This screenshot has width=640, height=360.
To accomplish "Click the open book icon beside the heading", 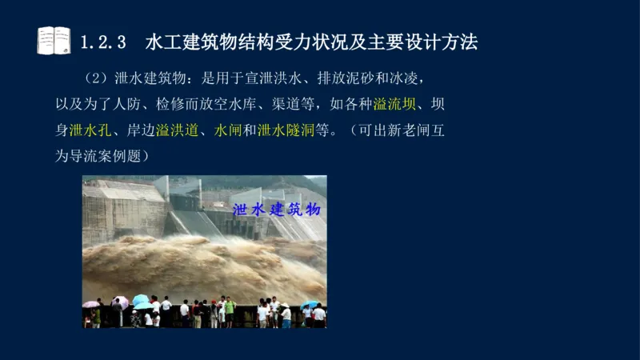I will point(54,40).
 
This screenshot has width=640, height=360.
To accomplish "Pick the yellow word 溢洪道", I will point(177,130).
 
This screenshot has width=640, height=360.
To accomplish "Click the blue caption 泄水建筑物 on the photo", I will point(276,210).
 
